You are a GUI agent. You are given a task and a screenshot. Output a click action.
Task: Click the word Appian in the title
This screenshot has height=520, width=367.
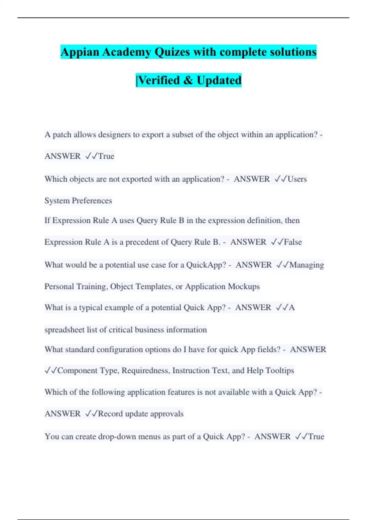point(80,52)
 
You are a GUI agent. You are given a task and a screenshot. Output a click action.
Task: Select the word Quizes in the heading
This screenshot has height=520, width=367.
point(172,52)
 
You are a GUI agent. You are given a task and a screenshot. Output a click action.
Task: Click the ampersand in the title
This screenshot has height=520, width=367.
point(188,80)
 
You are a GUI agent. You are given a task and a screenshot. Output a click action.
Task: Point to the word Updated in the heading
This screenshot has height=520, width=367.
point(219,80)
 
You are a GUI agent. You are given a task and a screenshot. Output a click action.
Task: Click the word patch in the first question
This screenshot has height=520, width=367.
point(62,135)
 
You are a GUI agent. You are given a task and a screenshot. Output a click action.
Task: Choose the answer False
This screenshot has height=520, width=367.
point(293,242)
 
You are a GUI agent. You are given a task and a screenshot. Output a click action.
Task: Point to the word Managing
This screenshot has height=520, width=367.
point(306,265)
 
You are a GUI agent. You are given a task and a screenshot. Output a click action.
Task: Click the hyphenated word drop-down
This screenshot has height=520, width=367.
point(117,436)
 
